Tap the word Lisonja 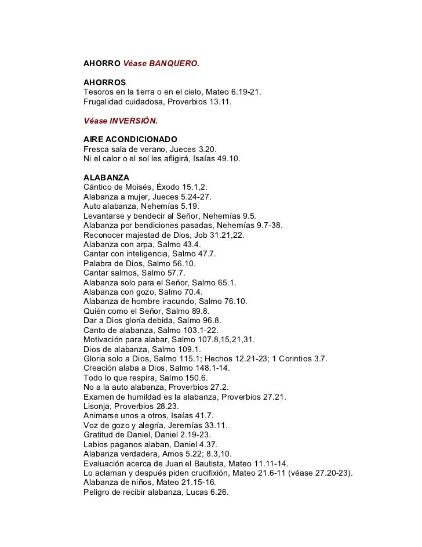click(99, 407)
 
